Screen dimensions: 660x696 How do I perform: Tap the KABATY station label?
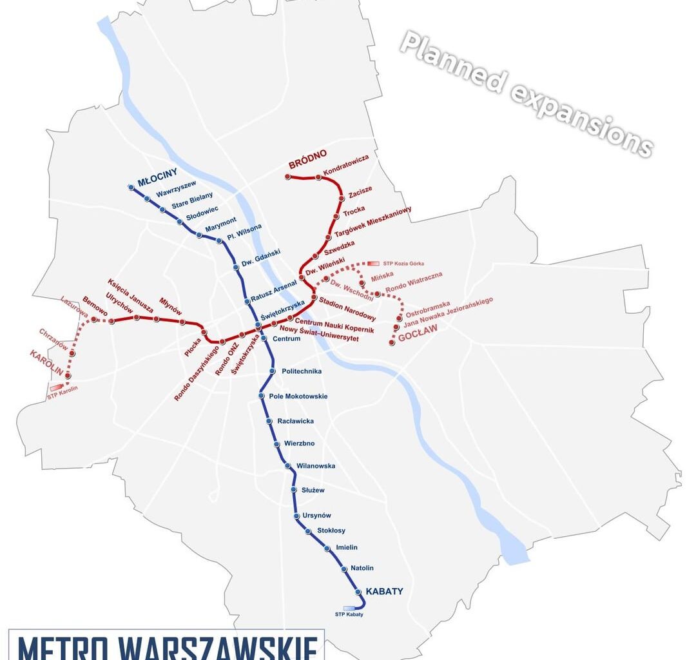point(384,591)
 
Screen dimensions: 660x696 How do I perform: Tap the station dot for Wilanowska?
point(289,466)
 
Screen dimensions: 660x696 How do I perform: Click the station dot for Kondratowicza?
point(318,177)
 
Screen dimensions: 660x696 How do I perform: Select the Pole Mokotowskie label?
point(298,396)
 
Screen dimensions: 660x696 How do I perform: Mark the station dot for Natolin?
point(343,568)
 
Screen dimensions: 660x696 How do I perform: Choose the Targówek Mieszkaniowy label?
point(372,222)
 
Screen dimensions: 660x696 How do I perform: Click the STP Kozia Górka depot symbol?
point(373,264)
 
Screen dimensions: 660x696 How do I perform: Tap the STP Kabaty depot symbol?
point(349,607)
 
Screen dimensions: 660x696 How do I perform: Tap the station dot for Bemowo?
point(94,319)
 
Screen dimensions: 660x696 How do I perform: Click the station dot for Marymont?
point(199,235)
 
